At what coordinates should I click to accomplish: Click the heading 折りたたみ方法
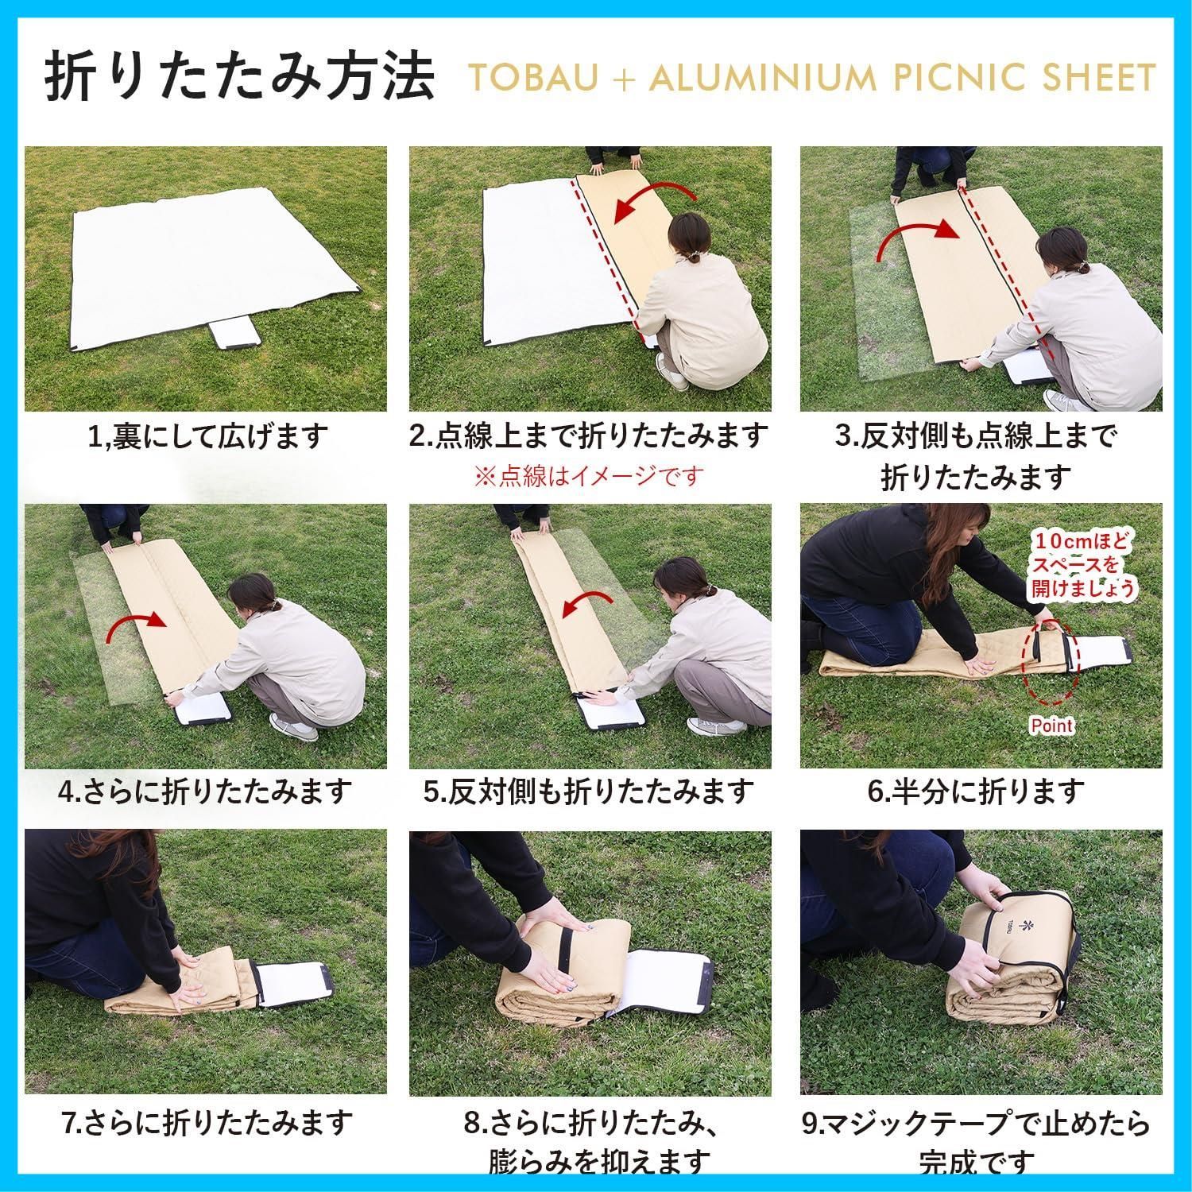coord(239,78)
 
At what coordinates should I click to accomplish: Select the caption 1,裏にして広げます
coord(207,436)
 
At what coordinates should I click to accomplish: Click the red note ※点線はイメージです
coord(589,476)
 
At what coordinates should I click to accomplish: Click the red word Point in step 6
coord(1051,725)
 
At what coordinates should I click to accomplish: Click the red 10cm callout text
coord(1082,565)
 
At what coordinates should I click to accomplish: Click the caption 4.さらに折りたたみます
coord(205,791)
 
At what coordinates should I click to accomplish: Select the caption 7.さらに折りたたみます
coord(207,1122)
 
